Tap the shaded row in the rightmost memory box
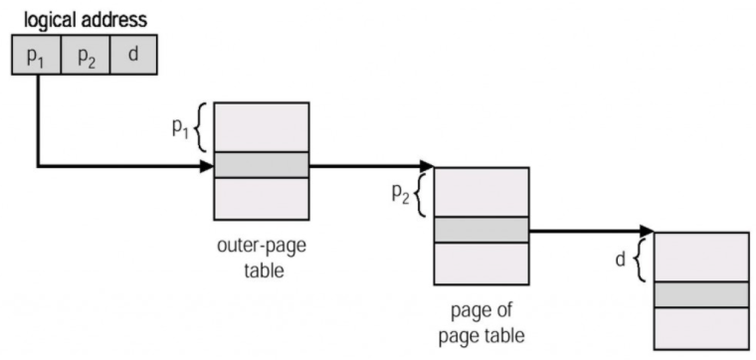click(x=700, y=294)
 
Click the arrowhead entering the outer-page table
click(x=208, y=165)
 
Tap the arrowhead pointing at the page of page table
click(x=427, y=165)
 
